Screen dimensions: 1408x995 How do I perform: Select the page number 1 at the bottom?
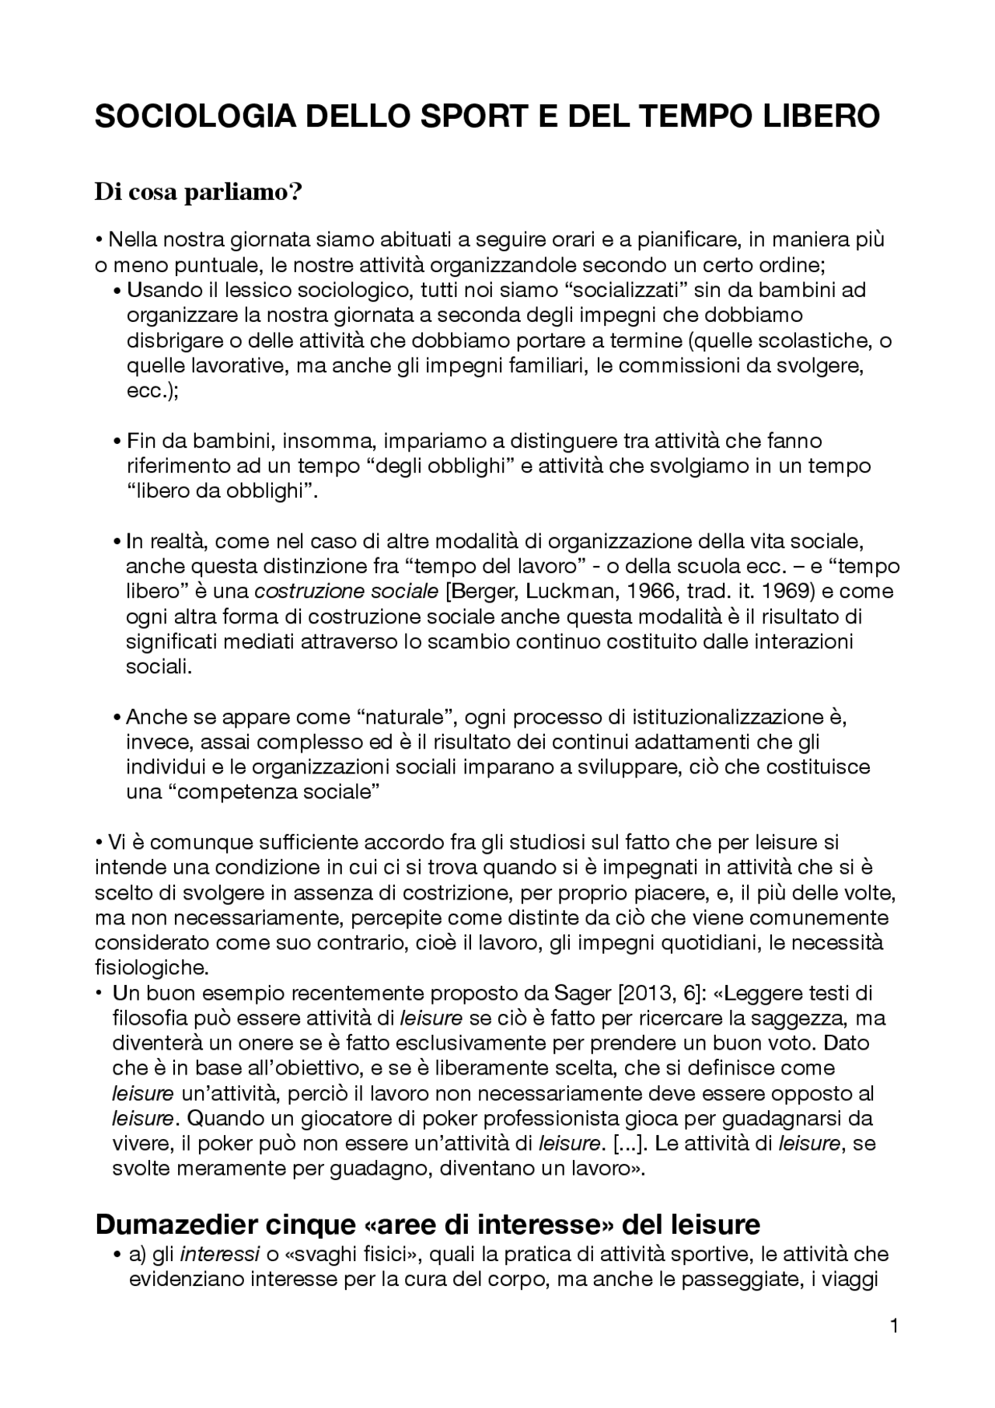pyautogui.click(x=894, y=1326)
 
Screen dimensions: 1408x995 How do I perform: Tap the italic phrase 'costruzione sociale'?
pyautogui.click(x=347, y=591)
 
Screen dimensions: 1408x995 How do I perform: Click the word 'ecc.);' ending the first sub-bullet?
pyautogui.click(x=152, y=391)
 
